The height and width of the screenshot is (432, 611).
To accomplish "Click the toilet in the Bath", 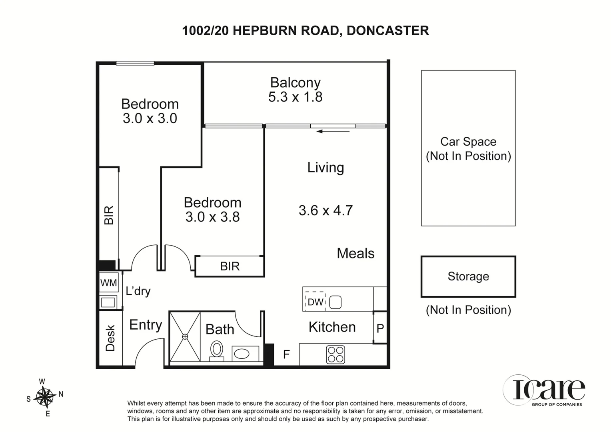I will (x=217, y=349).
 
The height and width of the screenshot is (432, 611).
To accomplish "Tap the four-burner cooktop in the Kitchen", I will (x=335, y=354).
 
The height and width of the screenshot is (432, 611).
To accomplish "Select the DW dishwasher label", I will (x=315, y=302).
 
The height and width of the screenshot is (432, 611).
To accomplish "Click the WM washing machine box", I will (x=108, y=283).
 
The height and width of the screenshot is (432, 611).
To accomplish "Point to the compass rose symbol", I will (x=44, y=397).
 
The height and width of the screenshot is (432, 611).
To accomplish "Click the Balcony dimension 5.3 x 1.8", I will (x=295, y=97).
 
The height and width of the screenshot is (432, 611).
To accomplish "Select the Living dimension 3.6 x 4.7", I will (x=325, y=210).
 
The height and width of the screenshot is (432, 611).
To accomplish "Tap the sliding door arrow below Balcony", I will (x=333, y=131).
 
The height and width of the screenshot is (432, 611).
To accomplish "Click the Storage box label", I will (x=468, y=276).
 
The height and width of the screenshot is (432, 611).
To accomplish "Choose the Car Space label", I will (x=468, y=142).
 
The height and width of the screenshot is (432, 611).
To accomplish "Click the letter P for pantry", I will (x=380, y=328).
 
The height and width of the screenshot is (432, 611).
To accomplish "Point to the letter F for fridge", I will (x=286, y=354).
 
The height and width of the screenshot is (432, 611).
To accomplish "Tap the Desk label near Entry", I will (x=110, y=338).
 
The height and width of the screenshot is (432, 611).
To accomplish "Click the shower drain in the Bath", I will (x=185, y=337).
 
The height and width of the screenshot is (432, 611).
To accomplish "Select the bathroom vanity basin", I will (x=242, y=354).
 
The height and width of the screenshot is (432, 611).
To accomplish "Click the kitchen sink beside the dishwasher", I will (x=335, y=302).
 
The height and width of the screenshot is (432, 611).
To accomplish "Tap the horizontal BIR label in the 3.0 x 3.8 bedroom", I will (x=230, y=266).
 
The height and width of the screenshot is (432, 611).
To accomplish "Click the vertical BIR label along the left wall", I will (x=109, y=215).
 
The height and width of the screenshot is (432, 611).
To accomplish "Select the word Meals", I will (x=355, y=253).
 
